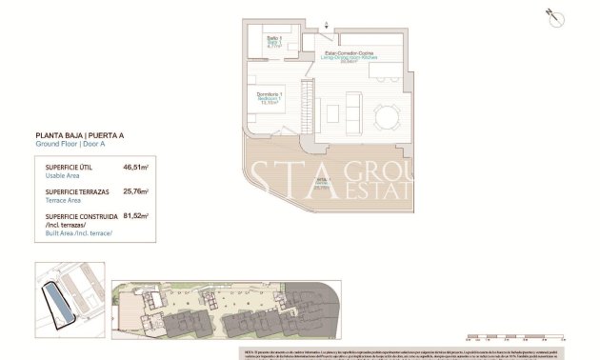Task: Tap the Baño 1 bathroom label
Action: (273, 39)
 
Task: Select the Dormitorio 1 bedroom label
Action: (268, 95)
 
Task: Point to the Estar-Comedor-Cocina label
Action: (350, 53)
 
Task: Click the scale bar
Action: (514, 334)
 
